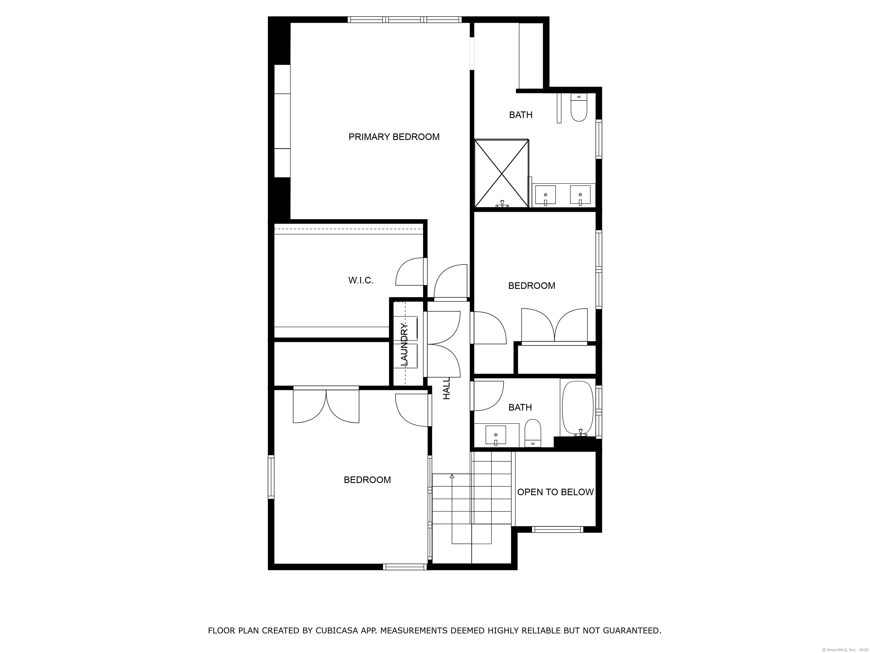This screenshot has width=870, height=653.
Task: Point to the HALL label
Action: (x=446, y=389)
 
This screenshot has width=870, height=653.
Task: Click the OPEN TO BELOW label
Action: (x=555, y=492)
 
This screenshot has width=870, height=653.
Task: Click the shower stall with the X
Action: (x=502, y=173)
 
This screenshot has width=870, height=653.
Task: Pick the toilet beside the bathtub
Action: (x=533, y=433)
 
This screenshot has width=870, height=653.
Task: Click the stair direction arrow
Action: (x=452, y=476)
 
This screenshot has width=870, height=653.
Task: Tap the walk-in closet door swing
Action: (x=410, y=272)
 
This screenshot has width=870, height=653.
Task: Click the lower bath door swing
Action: (x=488, y=396)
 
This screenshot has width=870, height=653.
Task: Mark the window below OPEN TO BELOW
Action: (x=557, y=529)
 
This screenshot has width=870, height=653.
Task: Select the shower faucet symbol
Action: (x=502, y=204)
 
